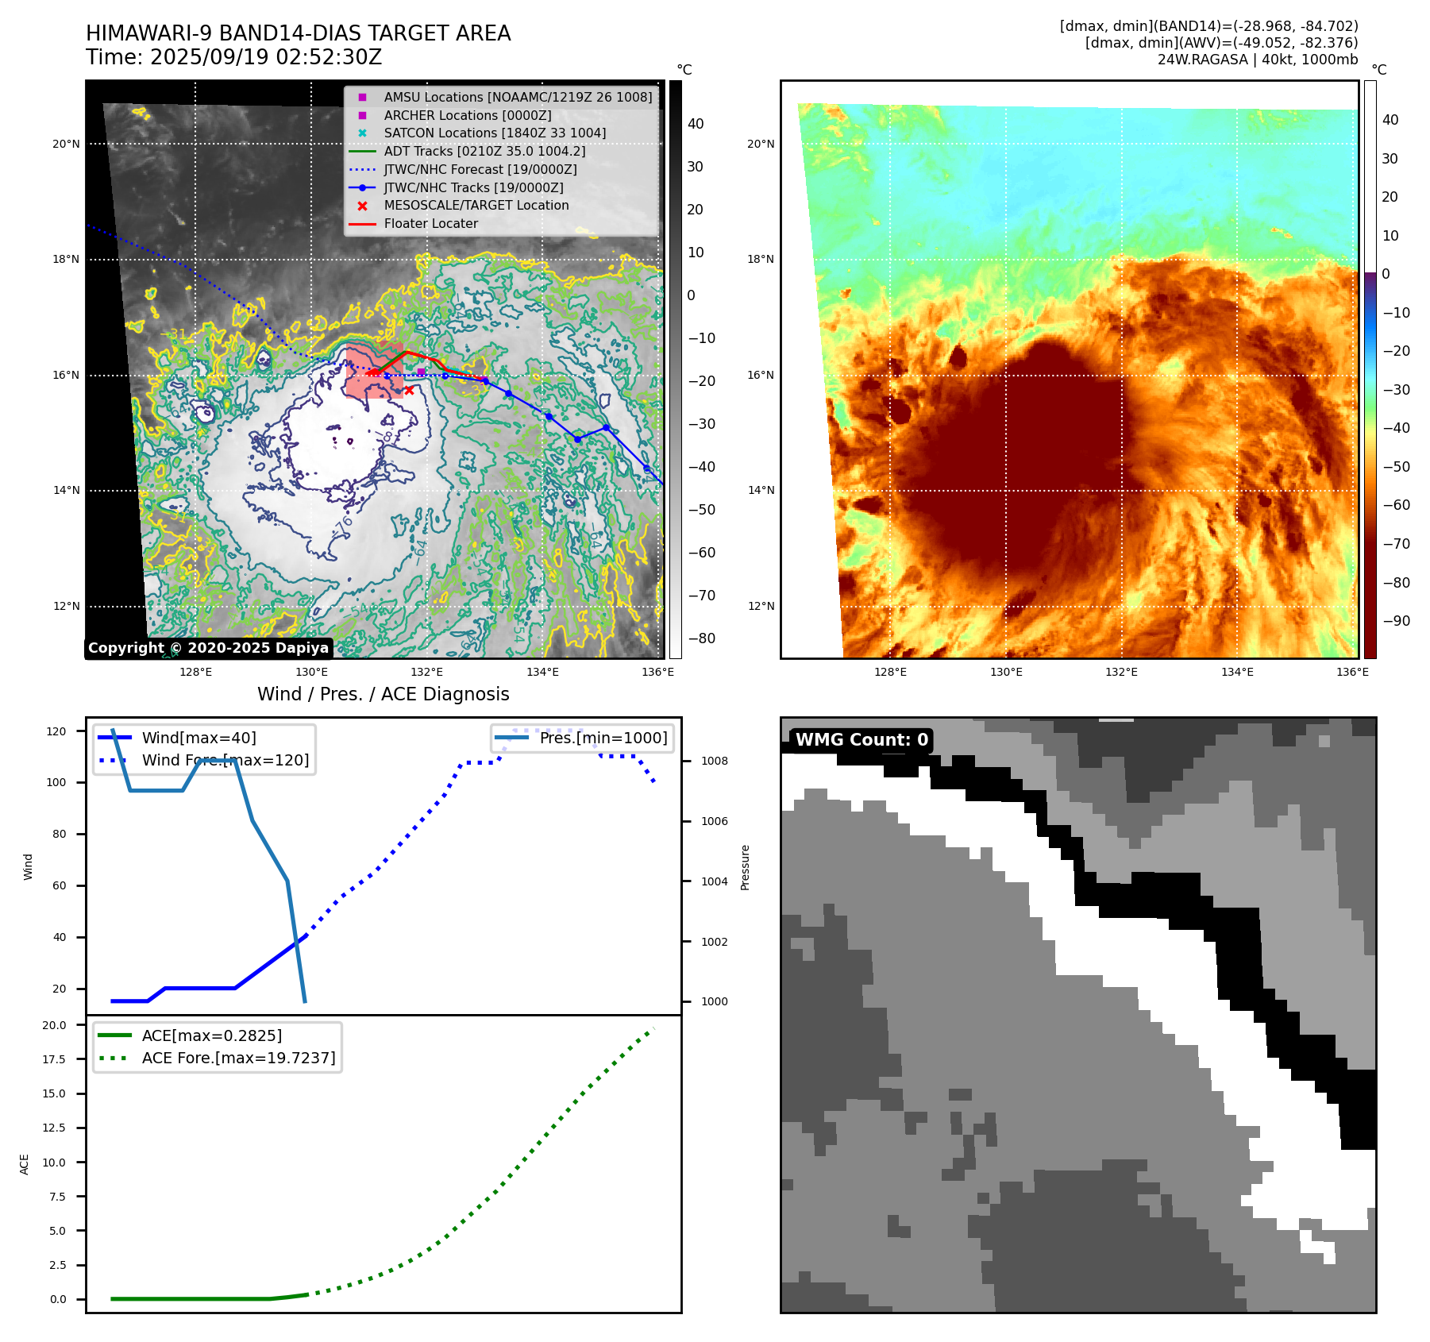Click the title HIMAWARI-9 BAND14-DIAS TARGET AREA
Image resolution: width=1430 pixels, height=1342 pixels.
[x=298, y=33]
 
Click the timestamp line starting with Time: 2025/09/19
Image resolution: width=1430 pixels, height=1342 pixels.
[x=233, y=57]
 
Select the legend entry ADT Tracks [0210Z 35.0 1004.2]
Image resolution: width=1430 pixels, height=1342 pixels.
[x=484, y=151]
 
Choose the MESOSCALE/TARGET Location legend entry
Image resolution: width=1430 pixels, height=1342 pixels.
[x=476, y=205]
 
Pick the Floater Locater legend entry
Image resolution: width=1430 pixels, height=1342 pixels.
[x=430, y=223]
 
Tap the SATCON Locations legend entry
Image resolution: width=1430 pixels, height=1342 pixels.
[x=495, y=133]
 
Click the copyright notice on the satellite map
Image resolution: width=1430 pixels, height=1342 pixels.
[x=208, y=648]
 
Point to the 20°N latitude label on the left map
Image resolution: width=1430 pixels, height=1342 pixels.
[x=66, y=144]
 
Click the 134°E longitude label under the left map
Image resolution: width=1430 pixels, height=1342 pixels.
[x=542, y=672]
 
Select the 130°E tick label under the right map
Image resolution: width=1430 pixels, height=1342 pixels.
[x=1006, y=672]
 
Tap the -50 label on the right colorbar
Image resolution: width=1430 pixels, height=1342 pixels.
[x=1396, y=467]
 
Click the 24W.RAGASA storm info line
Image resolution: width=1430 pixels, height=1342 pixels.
[x=1257, y=60]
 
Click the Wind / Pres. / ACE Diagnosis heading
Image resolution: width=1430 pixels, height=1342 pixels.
[x=383, y=694]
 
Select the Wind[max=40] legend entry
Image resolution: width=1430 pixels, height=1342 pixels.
[x=199, y=738]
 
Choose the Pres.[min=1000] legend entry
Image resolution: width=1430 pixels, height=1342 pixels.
[x=603, y=738]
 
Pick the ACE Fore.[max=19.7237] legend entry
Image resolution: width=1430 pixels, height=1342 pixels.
[x=238, y=1058]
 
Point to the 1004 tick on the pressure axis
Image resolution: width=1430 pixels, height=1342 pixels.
[x=714, y=881]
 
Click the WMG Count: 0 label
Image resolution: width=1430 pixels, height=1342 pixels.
[x=861, y=740]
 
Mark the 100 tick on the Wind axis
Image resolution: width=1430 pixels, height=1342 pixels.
[x=56, y=782]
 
